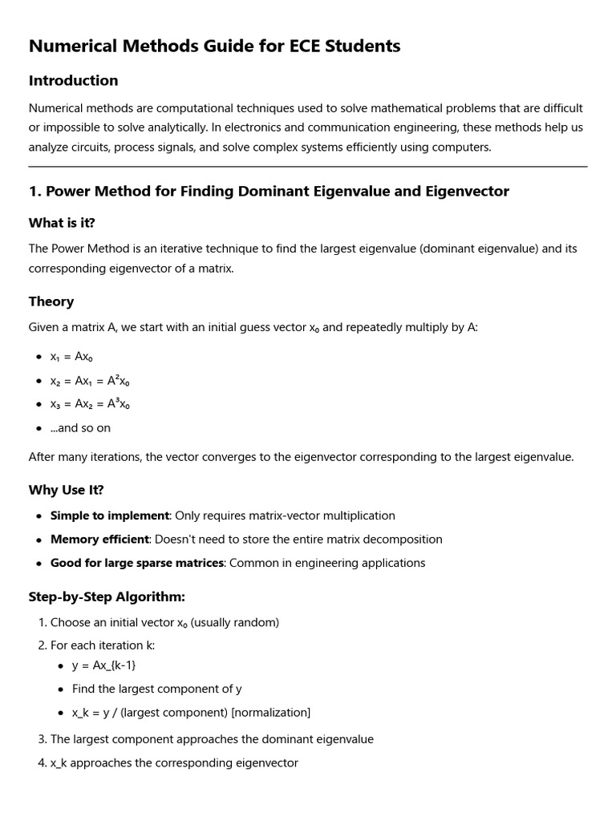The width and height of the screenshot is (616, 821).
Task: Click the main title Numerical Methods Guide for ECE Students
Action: [x=214, y=47]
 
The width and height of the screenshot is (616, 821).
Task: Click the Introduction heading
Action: [x=73, y=81]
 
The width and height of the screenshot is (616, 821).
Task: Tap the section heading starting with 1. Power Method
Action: [x=269, y=192]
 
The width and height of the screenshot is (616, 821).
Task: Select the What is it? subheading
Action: [x=67, y=223]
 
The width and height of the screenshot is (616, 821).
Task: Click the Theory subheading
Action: [x=51, y=301]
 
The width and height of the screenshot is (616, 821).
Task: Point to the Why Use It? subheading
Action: [x=67, y=490]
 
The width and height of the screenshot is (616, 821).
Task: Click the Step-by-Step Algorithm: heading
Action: [x=107, y=597]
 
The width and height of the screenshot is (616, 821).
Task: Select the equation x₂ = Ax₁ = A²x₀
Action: [x=90, y=381]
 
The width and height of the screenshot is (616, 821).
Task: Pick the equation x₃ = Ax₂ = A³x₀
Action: [x=90, y=404]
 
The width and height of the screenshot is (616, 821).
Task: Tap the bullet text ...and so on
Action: [x=80, y=428]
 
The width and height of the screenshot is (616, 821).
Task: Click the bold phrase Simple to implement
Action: [x=110, y=516]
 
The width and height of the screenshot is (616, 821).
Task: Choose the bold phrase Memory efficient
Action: [x=100, y=540]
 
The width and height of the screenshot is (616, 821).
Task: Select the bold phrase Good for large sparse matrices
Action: [x=137, y=563]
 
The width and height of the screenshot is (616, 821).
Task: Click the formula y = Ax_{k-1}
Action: [x=110, y=665]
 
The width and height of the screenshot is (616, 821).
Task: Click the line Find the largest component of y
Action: [x=156, y=689]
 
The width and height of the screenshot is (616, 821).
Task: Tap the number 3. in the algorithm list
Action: [x=43, y=739]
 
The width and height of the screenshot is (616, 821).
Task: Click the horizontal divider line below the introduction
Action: [x=308, y=167]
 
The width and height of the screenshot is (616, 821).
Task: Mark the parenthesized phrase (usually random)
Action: [x=235, y=622]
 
